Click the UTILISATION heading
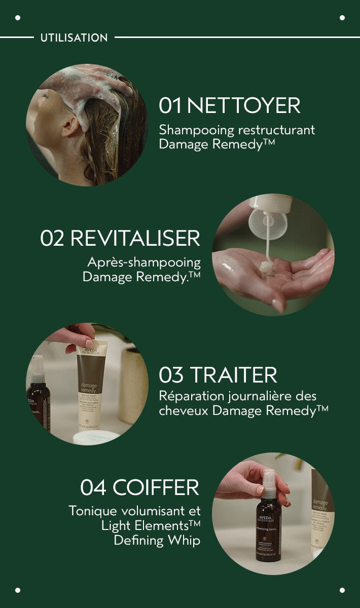(74, 37)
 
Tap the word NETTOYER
(244, 106)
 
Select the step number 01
(170, 106)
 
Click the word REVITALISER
(135, 239)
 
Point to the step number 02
(53, 239)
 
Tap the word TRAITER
(234, 375)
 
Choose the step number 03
(171, 375)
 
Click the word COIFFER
(156, 487)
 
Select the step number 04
(94, 487)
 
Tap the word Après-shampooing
(144, 262)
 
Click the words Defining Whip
(157, 540)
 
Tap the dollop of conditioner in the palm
(268, 268)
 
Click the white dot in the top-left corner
(18, 18)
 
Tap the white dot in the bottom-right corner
(342, 590)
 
